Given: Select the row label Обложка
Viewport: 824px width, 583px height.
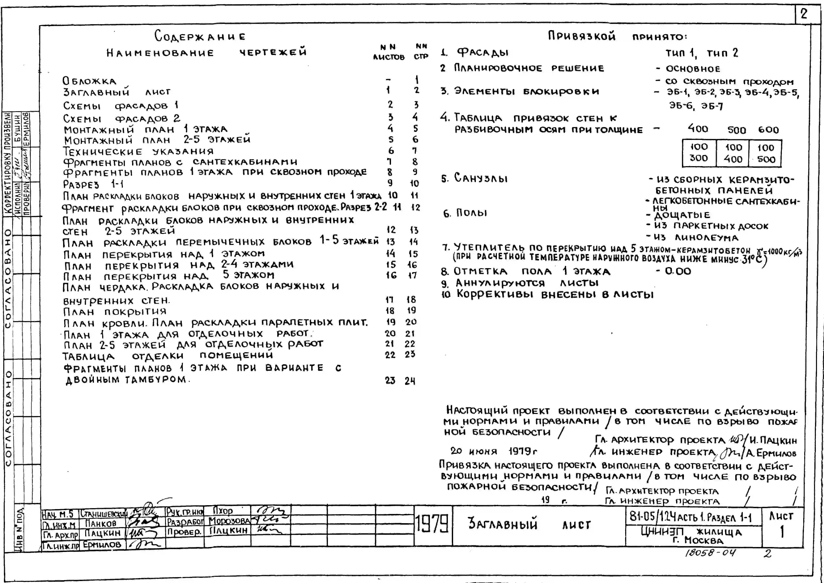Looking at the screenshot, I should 89,81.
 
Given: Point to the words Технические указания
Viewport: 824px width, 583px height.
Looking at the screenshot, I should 138,152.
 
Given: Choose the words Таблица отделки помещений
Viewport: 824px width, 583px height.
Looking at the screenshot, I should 167,356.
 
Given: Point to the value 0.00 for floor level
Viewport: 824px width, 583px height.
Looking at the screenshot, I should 678,271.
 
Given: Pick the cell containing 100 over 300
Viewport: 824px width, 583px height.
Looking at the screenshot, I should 698,153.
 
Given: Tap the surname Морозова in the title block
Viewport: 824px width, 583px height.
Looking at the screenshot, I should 229,521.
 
